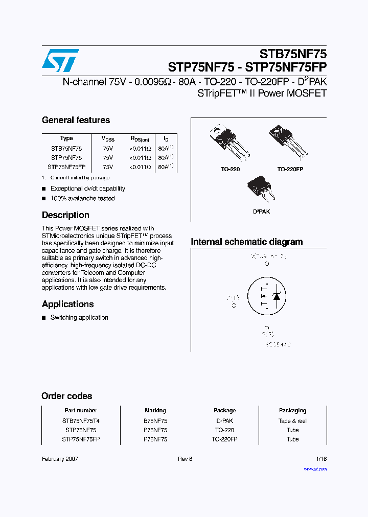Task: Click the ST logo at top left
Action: click(x=60, y=60)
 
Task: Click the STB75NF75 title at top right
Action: click(x=293, y=54)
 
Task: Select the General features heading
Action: click(x=76, y=120)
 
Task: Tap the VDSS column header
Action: click(x=108, y=138)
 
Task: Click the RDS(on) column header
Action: click(x=140, y=138)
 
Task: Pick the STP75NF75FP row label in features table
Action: click(x=66, y=167)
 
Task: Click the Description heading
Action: click(x=65, y=215)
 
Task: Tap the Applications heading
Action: click(x=67, y=304)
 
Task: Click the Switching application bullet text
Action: click(x=79, y=318)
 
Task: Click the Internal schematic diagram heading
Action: click(x=246, y=242)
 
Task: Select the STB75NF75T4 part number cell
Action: click(x=81, y=421)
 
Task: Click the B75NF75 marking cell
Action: click(x=155, y=421)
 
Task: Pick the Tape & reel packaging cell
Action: click(x=292, y=421)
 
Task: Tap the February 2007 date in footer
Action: click(x=60, y=459)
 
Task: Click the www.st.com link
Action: click(x=315, y=468)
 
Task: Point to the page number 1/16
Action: click(x=321, y=459)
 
